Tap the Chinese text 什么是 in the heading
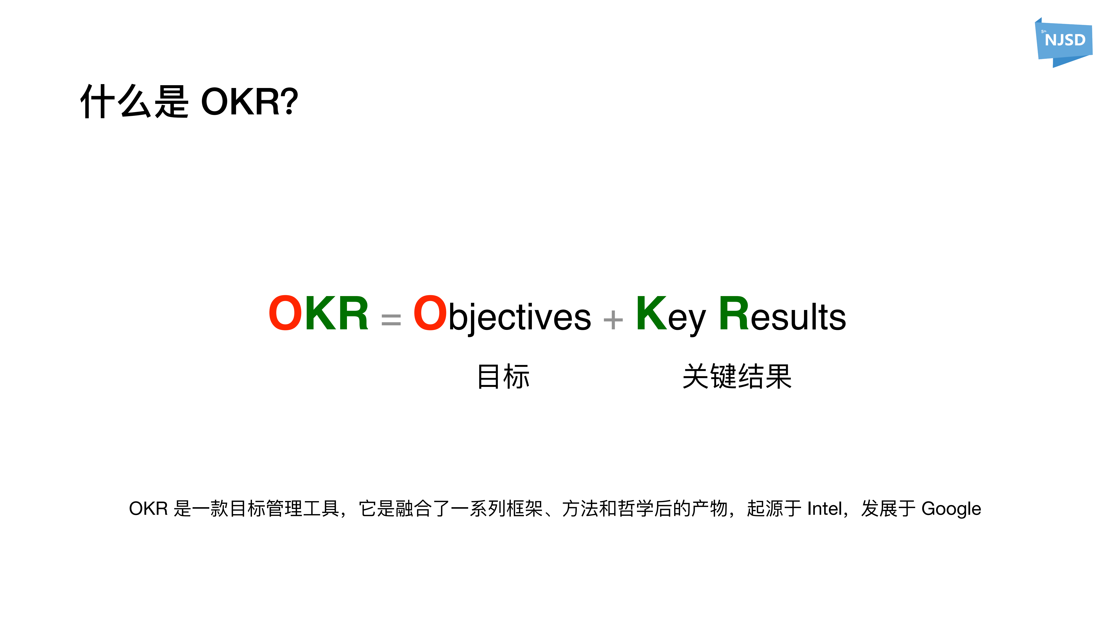(134, 102)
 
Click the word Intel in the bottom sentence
(824, 509)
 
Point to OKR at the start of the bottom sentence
(148, 509)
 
